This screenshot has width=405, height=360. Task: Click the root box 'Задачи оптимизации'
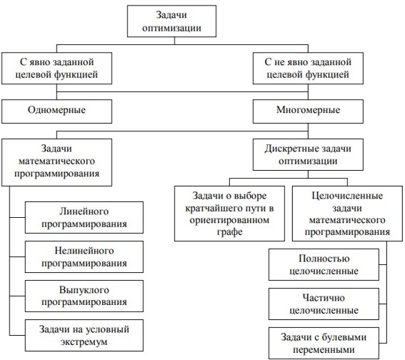pos(171,21)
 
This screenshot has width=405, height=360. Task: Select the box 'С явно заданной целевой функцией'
pos(57,68)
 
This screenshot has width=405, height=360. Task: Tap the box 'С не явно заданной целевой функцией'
pos(308,68)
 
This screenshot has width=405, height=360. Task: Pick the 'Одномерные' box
pos(57,111)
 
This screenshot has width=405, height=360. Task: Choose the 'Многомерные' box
pos(308,111)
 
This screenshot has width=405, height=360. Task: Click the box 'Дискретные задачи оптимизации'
pos(308,154)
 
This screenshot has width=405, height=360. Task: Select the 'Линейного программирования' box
pos(84,217)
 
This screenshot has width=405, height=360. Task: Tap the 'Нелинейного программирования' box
pos(84,256)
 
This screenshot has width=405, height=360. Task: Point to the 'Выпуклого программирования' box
pos(84,296)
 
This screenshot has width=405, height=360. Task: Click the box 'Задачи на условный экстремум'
pos(84,335)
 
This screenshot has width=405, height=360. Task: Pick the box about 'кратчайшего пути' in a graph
pos(229,214)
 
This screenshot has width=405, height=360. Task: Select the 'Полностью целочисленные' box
pos(324,264)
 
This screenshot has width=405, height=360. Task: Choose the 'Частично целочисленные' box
pos(324,304)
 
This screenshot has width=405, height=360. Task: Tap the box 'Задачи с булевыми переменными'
pos(324,343)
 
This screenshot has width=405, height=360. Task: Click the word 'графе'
pos(229,232)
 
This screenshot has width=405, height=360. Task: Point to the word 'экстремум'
pos(84,342)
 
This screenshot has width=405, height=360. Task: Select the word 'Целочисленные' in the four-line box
pos(347,196)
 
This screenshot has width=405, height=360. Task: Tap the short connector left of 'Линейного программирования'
pos(17,217)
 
